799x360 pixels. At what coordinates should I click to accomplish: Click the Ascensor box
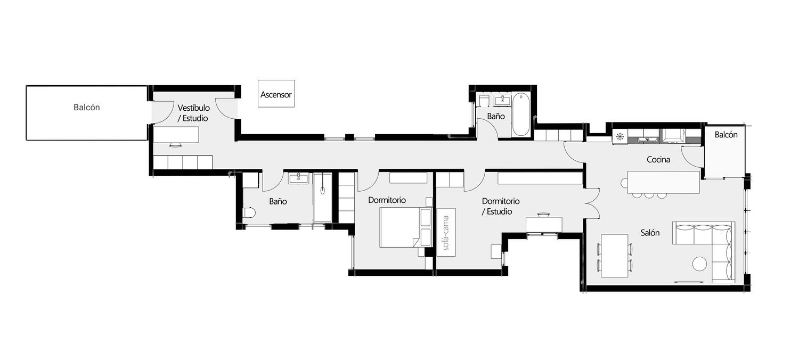tap(276, 94)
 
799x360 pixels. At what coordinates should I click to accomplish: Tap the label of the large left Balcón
tap(87, 108)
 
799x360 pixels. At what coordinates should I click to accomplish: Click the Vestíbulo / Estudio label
tap(194, 113)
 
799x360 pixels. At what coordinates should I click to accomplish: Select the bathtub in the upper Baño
tap(521, 114)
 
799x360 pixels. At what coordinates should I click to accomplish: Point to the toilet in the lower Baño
tap(249, 212)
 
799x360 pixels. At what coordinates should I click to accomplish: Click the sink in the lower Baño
tap(298, 178)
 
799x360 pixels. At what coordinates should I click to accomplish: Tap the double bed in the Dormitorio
tap(406, 227)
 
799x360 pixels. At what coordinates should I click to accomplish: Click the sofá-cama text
tap(445, 233)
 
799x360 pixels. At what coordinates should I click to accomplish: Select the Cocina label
tap(658, 159)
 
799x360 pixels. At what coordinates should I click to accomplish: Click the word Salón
tap(650, 233)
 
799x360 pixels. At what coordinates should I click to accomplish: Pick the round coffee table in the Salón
tap(699, 264)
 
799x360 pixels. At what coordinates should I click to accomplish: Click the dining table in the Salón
tap(614, 256)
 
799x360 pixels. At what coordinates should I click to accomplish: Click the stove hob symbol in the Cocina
tap(620, 136)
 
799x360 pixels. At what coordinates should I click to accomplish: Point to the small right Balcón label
tap(726, 135)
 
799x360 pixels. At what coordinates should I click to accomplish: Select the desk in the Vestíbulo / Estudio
tap(176, 135)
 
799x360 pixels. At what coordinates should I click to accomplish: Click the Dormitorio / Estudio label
tap(501, 206)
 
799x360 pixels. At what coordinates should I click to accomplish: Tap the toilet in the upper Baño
tap(484, 101)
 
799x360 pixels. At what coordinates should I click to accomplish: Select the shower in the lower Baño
tap(322, 198)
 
